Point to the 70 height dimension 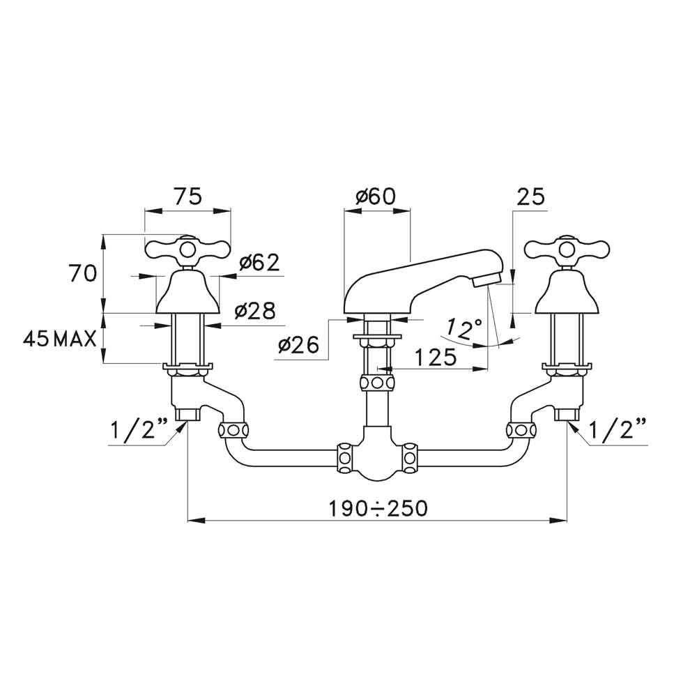pyautogui.click(x=82, y=273)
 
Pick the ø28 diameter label pyautogui.click(x=255, y=311)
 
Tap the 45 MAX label pyautogui.click(x=59, y=339)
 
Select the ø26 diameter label pyautogui.click(x=299, y=344)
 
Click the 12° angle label pyautogui.click(x=464, y=328)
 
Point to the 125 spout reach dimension pyautogui.click(x=436, y=356)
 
